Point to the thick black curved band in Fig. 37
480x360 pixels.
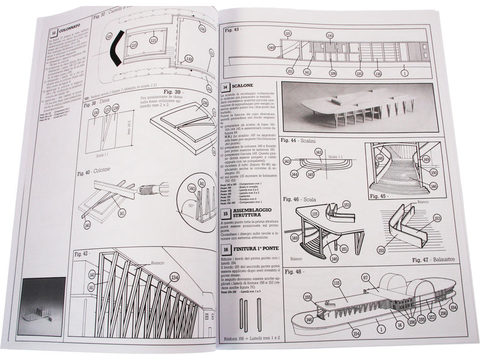tap(114, 45)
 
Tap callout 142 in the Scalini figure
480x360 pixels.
tap(319, 152)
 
